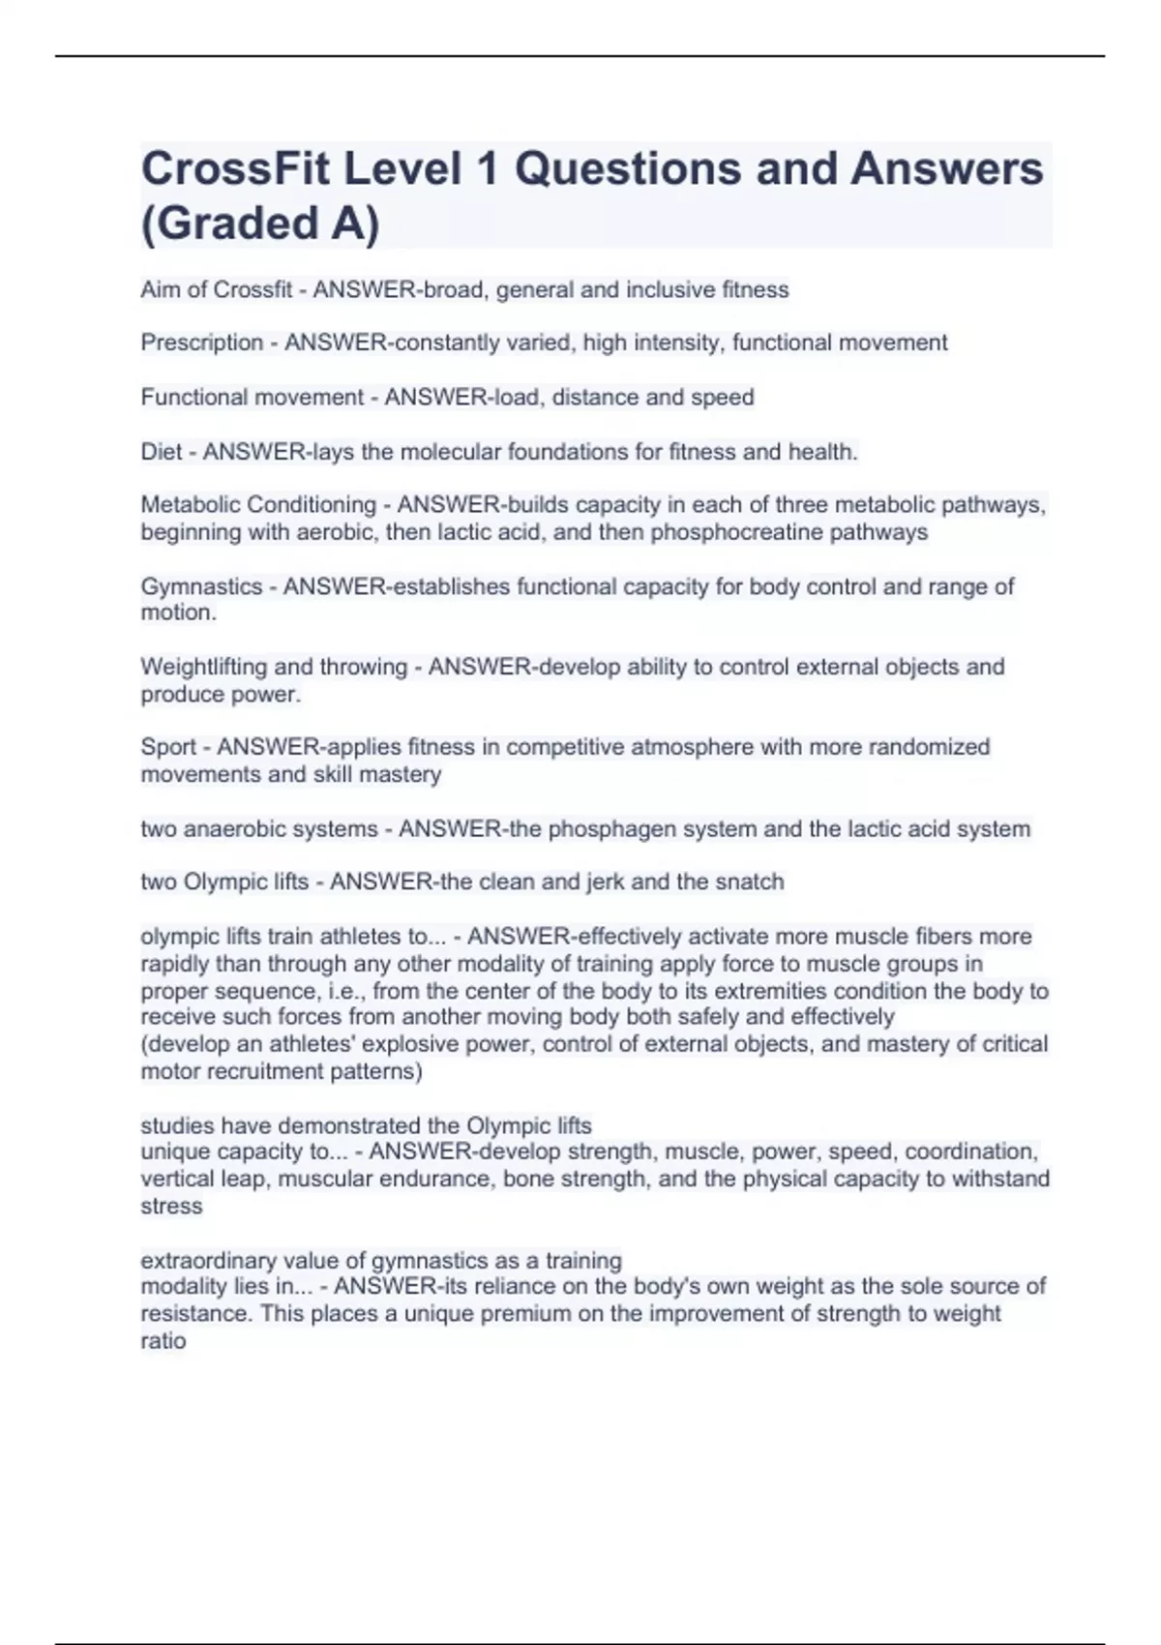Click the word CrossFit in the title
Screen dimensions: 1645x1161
(236, 169)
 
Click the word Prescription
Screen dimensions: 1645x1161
(202, 343)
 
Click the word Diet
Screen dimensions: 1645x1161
(161, 452)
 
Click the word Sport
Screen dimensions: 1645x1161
(168, 747)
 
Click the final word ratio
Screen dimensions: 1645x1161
(163, 1341)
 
